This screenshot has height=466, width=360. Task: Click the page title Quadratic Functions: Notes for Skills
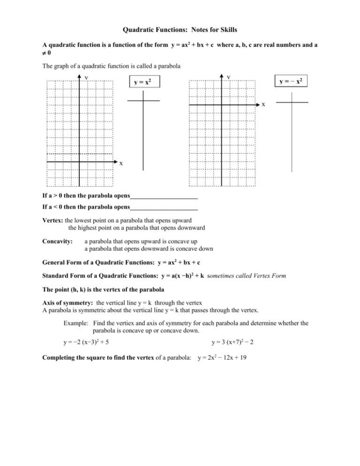180,30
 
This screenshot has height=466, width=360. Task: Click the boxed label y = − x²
292,82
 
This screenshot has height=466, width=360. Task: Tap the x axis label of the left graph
121,164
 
